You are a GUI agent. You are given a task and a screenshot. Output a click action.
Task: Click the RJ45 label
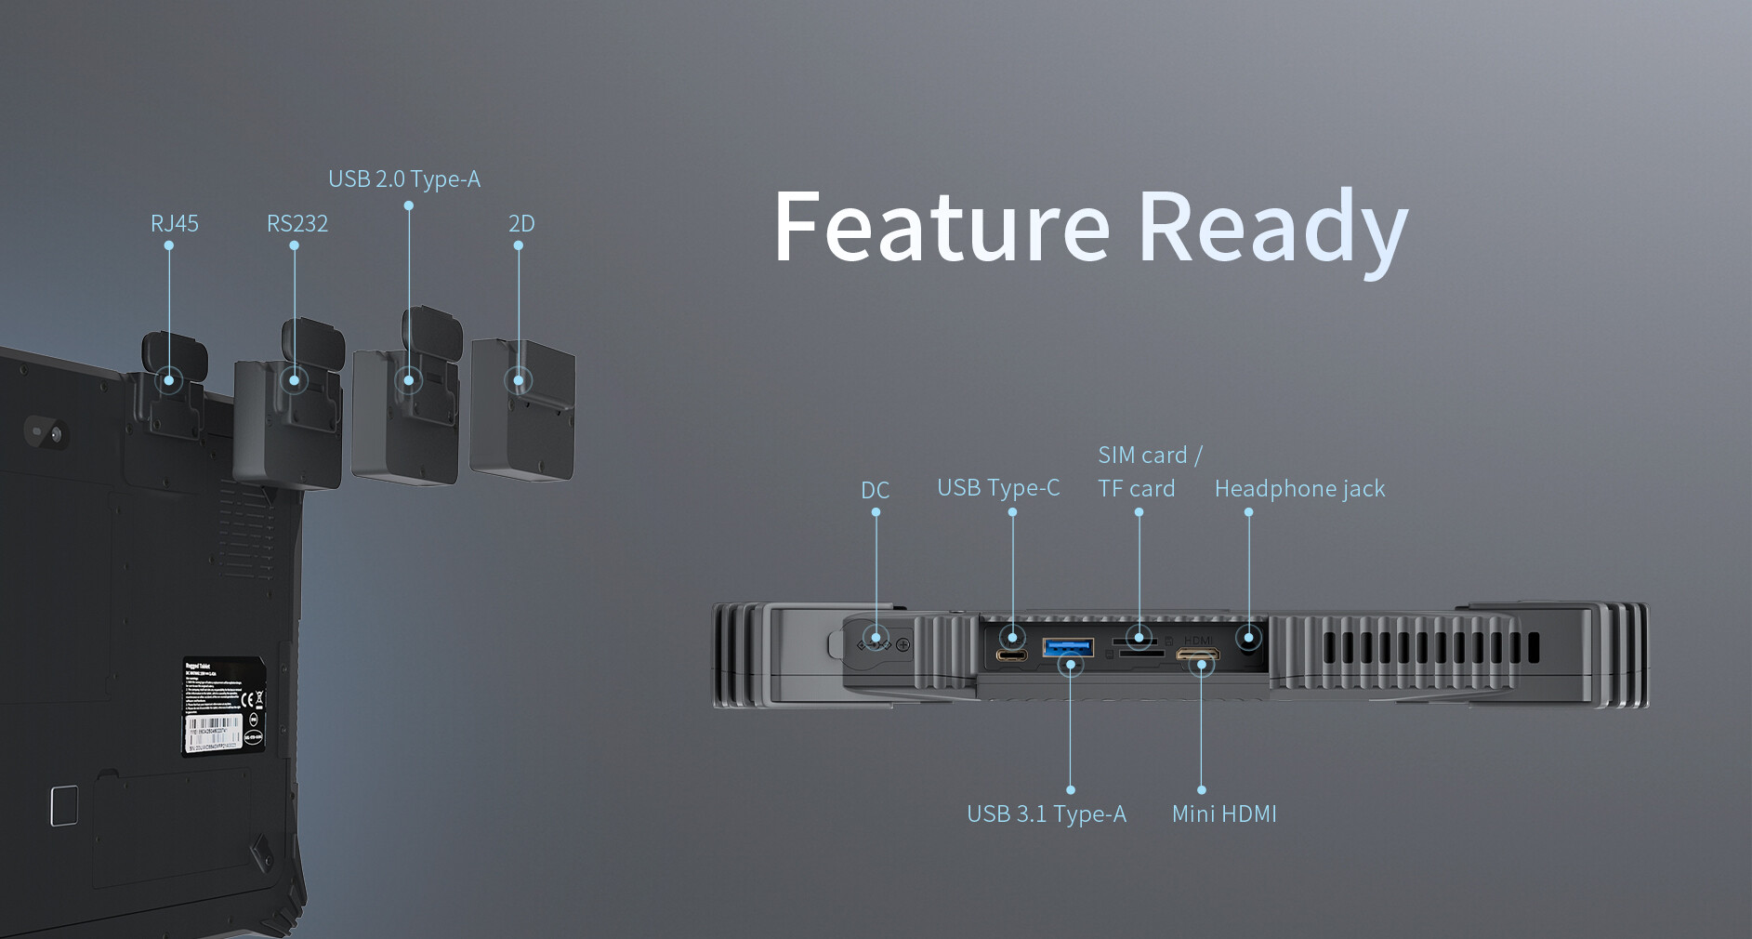pos(174,224)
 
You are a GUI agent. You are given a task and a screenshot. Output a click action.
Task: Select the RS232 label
pos(296,224)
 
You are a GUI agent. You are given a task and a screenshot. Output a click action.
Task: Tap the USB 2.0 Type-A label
pos(403,179)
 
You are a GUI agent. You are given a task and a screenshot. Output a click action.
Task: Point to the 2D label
pos(520,224)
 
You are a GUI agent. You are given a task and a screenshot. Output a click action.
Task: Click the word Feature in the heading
pos(941,228)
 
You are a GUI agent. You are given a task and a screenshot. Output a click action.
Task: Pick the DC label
pos(875,490)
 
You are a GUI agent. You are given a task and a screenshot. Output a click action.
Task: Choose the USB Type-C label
pos(997,488)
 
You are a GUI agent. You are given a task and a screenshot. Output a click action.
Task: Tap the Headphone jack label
pos(1298,489)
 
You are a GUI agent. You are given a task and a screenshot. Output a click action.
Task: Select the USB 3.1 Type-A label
pos(1046,814)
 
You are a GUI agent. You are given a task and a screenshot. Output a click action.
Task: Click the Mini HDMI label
pos(1223,814)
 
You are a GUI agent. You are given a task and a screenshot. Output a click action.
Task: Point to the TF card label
pos(1136,489)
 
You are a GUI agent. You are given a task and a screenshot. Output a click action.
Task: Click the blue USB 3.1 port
pos(1067,647)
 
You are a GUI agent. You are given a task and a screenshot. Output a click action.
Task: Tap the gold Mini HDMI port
pos(1197,655)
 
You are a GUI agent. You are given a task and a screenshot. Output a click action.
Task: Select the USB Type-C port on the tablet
pos(1011,655)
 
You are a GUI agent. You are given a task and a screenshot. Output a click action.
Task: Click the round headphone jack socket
pos(1249,639)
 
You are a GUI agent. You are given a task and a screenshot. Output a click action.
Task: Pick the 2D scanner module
pos(522,409)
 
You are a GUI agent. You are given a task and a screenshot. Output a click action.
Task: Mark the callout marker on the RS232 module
pos(294,380)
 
